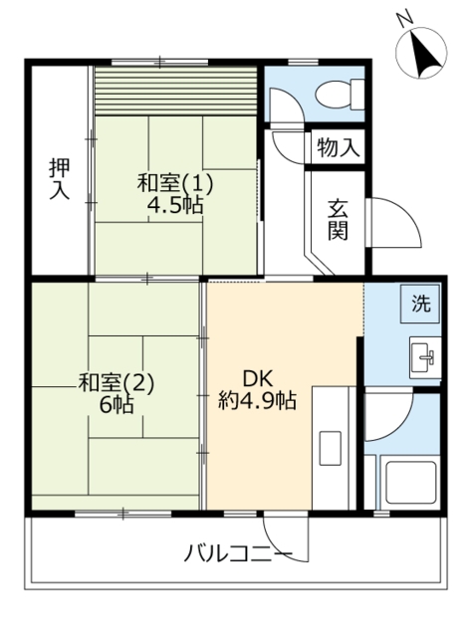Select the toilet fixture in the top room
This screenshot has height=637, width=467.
[329, 94]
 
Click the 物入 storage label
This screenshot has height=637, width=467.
[337, 149]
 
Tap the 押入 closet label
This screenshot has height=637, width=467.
[59, 179]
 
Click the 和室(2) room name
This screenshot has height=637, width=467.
[117, 382]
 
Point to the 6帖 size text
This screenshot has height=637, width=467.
[117, 406]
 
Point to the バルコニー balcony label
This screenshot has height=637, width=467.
[238, 552]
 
